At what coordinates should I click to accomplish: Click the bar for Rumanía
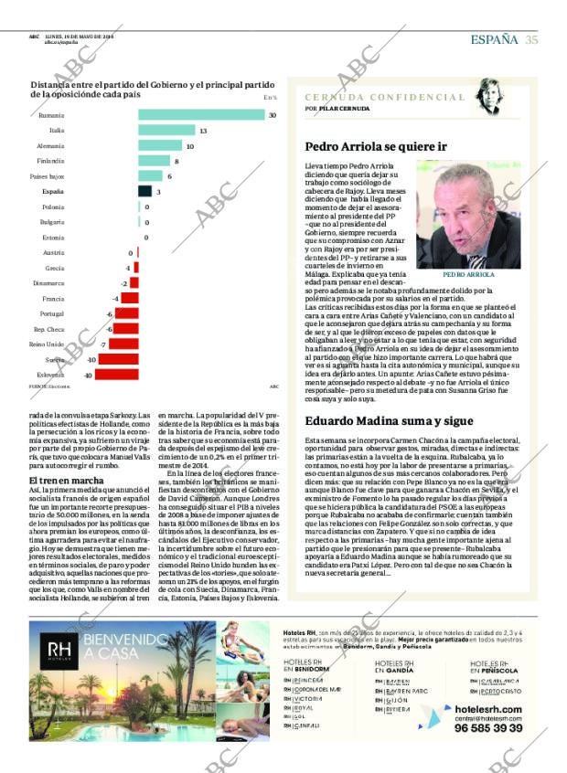tap(201, 115)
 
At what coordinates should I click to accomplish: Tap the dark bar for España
tap(144, 191)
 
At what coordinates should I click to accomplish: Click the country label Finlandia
tap(50, 161)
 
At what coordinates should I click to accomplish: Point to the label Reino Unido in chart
tap(47, 344)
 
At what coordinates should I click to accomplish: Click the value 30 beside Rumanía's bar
tap(272, 115)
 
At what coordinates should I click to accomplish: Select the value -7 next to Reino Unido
tap(103, 344)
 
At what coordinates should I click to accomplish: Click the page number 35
tap(531, 38)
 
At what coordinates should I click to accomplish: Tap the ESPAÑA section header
tap(494, 38)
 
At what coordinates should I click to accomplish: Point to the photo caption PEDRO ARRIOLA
tap(468, 274)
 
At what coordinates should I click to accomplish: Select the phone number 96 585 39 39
tap(488, 727)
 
